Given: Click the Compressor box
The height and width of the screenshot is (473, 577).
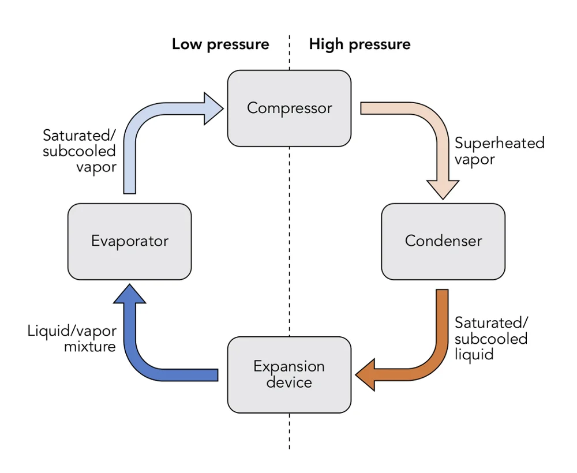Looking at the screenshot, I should coord(289,108).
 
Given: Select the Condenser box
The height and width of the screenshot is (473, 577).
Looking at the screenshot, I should coord(443,241).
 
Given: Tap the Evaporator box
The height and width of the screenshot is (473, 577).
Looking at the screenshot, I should coord(129,241).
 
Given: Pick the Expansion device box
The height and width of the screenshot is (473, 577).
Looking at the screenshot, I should coord(289,374).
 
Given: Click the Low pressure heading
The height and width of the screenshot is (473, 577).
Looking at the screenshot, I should coord(220,44).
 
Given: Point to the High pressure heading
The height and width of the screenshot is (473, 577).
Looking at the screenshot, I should coord(359,44).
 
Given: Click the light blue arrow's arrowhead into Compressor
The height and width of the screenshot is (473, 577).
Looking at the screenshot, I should coord(213,108).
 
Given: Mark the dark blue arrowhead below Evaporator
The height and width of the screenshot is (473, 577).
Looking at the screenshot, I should coord(129,294).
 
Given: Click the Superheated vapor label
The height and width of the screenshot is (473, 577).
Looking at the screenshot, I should coord(499,151).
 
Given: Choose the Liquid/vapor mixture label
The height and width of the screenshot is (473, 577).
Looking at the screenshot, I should coord(72,339).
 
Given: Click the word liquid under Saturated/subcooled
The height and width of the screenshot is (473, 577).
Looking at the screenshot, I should coord(474,354).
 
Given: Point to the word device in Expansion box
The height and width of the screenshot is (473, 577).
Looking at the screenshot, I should coord(289,382).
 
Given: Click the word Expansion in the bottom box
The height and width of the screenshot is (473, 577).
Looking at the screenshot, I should coord(289,366).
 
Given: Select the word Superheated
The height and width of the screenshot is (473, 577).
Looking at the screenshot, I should coord(499,143).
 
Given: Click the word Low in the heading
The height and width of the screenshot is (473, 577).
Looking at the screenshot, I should coord(186,44).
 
